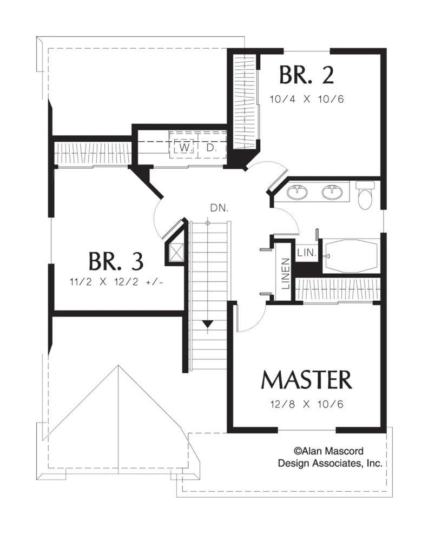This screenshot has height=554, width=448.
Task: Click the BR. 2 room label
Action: pos(306,75)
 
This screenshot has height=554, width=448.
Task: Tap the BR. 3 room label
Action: pos(116,261)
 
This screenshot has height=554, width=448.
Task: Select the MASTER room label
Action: pos(306,380)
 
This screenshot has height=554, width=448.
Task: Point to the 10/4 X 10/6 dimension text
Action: pos(306,99)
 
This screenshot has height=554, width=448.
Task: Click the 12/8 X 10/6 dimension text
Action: pos(307,404)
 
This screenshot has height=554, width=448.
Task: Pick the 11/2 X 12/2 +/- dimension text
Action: pos(116,282)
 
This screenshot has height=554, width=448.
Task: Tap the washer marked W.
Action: pos(184,148)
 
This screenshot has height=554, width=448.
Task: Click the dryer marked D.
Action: pos(211,148)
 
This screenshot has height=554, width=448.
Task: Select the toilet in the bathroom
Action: pos(365,195)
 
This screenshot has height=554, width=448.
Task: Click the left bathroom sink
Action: pos(297,192)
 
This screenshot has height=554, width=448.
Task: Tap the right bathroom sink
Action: pos(332,192)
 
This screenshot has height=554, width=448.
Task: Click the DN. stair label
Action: pos(219,208)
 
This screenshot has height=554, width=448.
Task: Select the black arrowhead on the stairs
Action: pos(207,324)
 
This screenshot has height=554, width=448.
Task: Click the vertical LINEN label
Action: pos(286,273)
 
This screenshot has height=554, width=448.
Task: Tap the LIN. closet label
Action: pos(306,252)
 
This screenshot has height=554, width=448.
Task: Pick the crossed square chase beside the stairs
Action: pos(176,252)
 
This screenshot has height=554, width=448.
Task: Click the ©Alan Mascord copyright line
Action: pos(328,451)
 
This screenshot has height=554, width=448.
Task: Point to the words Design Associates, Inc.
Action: pos(330,463)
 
